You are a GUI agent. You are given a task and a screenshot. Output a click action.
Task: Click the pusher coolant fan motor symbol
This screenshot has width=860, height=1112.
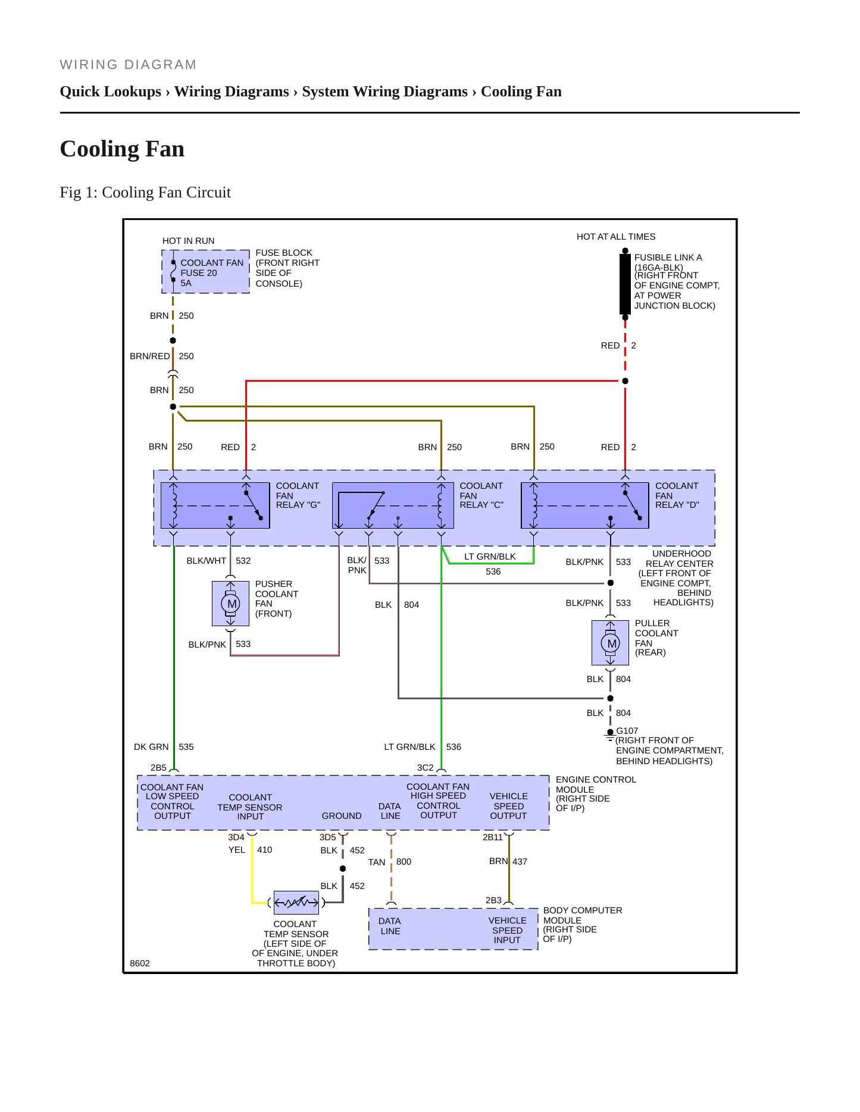(230, 604)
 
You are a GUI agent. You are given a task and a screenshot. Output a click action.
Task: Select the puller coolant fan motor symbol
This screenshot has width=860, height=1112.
(610, 643)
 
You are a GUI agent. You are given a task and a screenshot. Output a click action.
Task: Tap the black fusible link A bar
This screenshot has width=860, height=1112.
(625, 284)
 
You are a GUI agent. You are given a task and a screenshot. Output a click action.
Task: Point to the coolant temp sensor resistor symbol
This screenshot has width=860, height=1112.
(296, 903)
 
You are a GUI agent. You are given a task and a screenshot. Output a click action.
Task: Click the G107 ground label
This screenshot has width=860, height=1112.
(627, 731)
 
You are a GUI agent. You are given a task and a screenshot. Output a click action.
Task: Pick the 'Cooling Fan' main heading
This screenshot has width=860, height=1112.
(122, 149)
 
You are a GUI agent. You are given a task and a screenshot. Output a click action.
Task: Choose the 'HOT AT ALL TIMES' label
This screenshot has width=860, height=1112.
(616, 237)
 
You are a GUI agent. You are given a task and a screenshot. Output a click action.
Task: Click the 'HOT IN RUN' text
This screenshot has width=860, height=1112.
(189, 241)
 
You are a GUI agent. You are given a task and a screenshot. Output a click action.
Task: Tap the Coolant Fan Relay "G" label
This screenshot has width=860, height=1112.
(298, 495)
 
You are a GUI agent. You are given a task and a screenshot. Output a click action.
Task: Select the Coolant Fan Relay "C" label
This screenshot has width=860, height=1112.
(481, 495)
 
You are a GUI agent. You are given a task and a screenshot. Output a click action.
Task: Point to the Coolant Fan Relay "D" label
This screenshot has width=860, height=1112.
(677, 495)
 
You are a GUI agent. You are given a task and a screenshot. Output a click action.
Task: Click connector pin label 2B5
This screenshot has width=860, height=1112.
(158, 768)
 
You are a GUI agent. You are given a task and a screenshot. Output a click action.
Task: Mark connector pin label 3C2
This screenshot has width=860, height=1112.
(425, 768)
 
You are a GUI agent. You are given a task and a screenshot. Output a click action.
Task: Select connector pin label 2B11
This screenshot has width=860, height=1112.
(493, 837)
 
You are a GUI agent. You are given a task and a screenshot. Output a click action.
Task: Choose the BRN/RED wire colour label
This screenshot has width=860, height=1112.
(150, 356)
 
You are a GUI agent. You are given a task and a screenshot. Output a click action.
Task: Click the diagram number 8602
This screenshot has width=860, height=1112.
(140, 963)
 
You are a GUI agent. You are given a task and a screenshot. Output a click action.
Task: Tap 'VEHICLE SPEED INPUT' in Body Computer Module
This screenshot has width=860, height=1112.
(508, 931)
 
